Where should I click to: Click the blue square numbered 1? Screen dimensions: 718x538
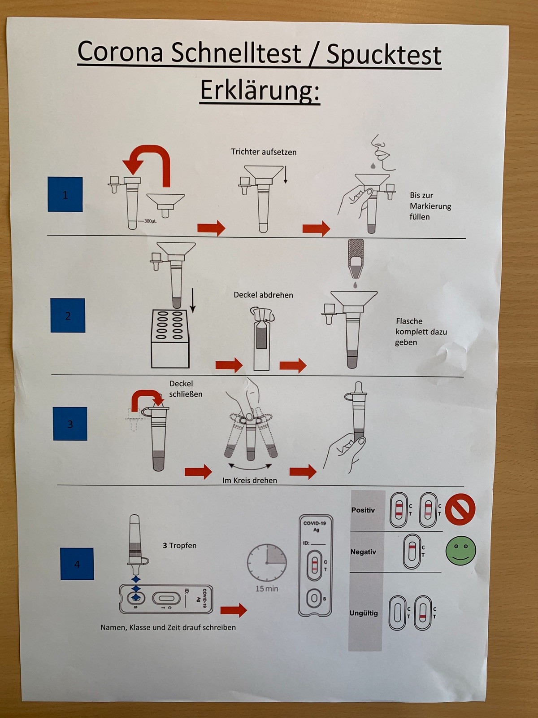coord(65,194)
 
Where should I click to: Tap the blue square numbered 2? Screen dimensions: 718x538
coord(68,315)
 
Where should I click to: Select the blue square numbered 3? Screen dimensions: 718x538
coord(70,424)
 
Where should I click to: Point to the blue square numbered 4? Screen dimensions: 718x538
coord(77,564)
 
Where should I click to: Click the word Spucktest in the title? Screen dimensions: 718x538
coord(384,55)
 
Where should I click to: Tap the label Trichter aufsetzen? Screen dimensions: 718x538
coord(264,152)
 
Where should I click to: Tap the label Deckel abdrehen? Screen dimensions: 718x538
coord(263,295)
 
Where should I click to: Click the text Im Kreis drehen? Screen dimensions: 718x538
coord(250,480)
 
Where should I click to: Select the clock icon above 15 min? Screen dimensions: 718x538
coord(266,563)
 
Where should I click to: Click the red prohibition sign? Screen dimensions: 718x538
coord(460,509)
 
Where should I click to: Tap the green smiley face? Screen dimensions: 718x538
coord(460,551)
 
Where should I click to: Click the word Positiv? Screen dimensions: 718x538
coord(363,510)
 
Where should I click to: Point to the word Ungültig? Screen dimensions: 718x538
coord(364,613)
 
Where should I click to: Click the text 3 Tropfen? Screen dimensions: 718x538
coord(179,546)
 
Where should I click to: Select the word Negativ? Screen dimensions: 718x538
coord(363,552)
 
